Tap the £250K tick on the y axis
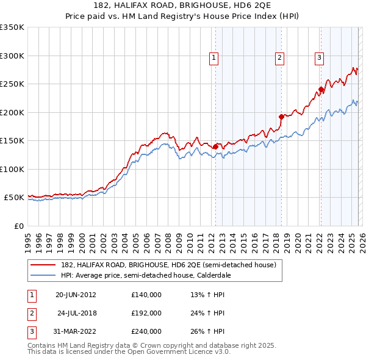coord(12,84)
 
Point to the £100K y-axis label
coord(12,169)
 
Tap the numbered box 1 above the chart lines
coord(214,58)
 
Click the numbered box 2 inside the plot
coord(279,58)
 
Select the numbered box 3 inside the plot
coord(319,58)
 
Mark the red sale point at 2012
coord(215,146)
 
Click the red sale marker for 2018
coord(281,117)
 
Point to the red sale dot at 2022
coord(321,90)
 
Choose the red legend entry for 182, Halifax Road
coord(169,265)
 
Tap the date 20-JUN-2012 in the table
coord(76,295)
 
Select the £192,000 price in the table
coord(146,313)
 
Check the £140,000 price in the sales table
coord(146,295)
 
